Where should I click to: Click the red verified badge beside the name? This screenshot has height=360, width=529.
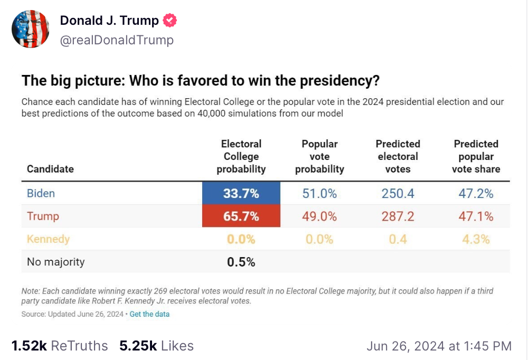[170, 21]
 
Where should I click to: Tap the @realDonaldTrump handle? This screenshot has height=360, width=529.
[117, 40]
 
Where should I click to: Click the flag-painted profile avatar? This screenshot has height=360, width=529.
[31, 30]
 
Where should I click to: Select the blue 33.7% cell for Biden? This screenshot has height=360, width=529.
[241, 194]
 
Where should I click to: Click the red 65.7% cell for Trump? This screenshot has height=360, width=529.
[241, 216]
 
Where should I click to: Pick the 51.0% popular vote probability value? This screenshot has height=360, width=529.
[319, 194]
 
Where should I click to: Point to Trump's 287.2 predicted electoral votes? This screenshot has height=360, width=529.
[398, 216]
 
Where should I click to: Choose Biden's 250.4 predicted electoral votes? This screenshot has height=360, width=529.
[398, 194]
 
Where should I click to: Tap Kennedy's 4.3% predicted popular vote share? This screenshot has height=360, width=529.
[476, 239]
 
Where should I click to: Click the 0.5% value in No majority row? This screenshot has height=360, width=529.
[241, 262]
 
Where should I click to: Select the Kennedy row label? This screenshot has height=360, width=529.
[48, 239]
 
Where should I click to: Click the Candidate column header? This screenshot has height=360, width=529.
[50, 169]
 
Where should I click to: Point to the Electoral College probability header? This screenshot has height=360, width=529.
[241, 156]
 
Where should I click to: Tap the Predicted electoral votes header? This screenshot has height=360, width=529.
[398, 156]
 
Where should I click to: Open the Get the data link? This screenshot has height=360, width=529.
[149, 314]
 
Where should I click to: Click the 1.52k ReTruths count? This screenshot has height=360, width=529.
[59, 346]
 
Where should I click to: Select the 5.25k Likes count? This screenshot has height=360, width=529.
[156, 346]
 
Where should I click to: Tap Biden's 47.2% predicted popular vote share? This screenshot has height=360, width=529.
[476, 194]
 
